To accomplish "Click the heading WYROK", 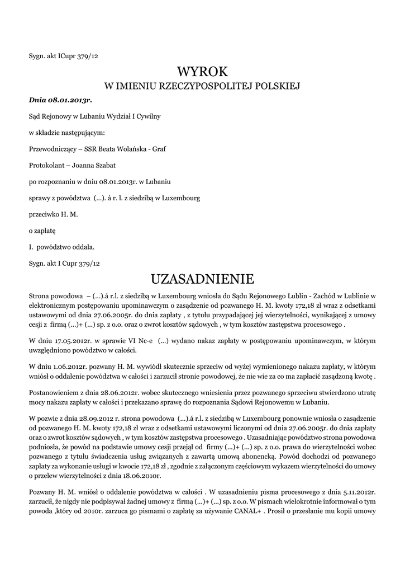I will [x=202, y=72].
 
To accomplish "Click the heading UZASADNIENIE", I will [x=202, y=279].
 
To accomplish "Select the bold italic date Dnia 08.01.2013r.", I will [x=60, y=100].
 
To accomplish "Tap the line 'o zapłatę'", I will [x=42, y=230].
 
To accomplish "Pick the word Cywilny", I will [x=147, y=116].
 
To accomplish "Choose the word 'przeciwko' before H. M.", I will [x=44, y=214].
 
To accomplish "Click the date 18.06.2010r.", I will [x=141, y=476].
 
